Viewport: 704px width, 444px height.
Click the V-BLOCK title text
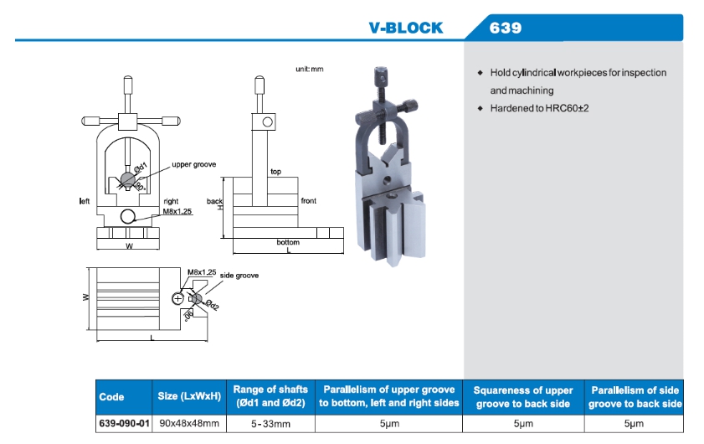coord(406,28)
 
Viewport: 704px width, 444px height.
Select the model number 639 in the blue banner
coord(506,28)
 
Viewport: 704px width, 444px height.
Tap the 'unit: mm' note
coord(309,69)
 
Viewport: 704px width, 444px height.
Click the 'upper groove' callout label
coord(194,165)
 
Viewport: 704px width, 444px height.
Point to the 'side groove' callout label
coord(239,276)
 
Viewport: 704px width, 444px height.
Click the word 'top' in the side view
coord(275,172)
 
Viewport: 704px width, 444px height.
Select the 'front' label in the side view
coord(309,201)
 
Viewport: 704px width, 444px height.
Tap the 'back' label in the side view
coord(215,201)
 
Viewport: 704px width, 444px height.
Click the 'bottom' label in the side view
coord(288,242)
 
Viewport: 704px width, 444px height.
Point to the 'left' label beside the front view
coord(85,201)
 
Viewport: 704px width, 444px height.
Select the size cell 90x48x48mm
coord(189,424)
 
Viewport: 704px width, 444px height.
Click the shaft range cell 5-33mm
coord(270,424)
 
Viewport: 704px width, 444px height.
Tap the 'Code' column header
coord(111,397)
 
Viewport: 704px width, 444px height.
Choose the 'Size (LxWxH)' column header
coord(189,396)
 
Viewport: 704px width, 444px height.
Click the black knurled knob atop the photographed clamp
coord(378,73)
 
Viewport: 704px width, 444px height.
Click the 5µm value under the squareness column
coord(523,424)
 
